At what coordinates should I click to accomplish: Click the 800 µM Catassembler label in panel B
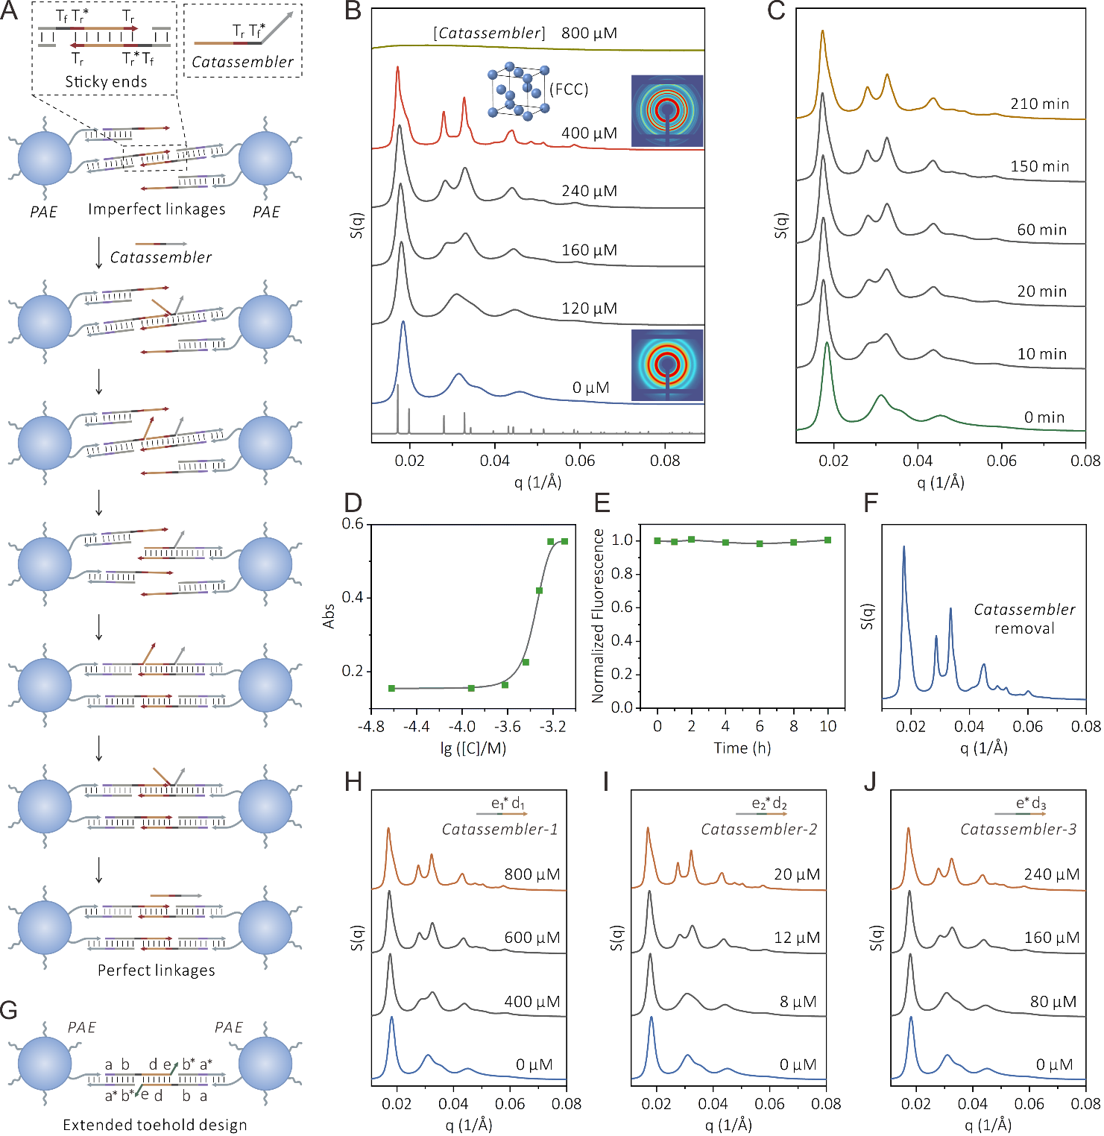pos(589,33)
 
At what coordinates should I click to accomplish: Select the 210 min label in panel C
pos(1039,104)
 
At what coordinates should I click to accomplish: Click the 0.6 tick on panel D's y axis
pos(353,524)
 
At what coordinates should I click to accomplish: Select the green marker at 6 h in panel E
pos(760,543)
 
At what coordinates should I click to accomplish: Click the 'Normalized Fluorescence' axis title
pos(598,616)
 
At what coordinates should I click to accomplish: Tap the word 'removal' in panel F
pos(1024,628)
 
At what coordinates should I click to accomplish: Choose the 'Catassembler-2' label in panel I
pos(759,829)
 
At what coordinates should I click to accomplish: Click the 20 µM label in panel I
pos(796,874)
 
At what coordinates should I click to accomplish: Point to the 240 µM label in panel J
pos(1051,874)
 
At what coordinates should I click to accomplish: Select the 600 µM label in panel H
pos(532,938)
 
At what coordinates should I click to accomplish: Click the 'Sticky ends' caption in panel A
pos(106,81)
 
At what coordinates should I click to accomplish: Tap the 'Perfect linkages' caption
pos(157,970)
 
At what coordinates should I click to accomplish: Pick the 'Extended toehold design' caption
pos(155,1125)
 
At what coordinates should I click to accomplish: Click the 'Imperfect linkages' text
pos(157,209)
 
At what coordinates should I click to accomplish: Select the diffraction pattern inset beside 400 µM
pos(667,110)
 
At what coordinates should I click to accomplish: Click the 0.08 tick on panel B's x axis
pos(665,461)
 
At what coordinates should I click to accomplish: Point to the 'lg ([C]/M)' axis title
pos(473,748)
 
